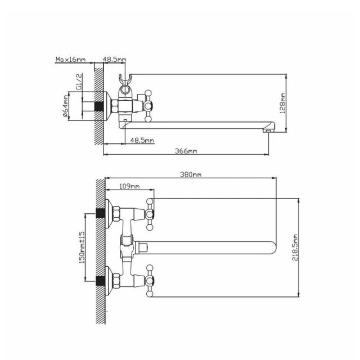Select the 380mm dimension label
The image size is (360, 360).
[x=191, y=175]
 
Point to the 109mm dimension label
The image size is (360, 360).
[x=129, y=186]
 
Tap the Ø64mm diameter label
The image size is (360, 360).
[x=66, y=106]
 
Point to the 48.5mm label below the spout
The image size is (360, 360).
[x=142, y=139]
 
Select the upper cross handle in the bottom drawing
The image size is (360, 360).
[x=151, y=214]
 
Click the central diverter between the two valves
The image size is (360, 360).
[x=129, y=246]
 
